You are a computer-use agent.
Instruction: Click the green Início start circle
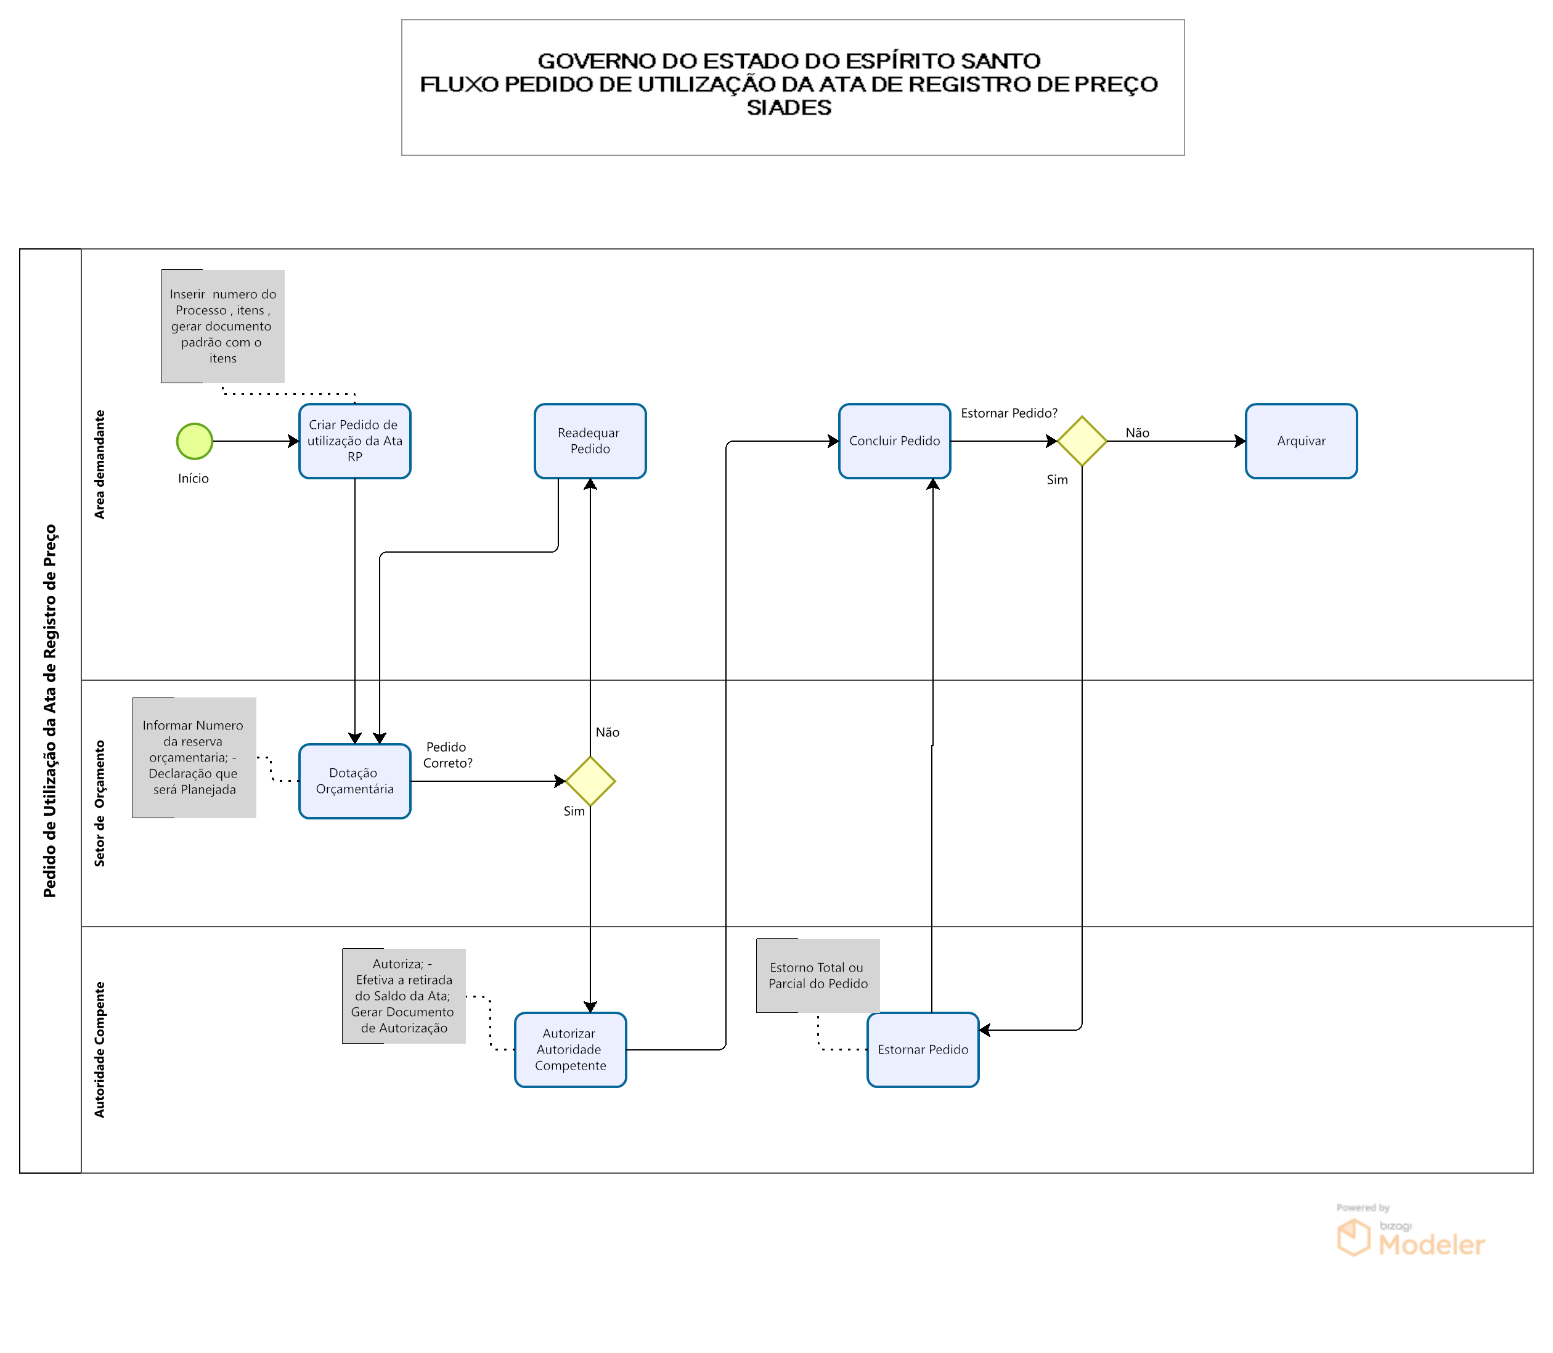[x=194, y=441]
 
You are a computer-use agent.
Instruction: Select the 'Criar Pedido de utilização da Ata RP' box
[x=354, y=441]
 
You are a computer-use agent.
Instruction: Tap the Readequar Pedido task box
[x=590, y=441]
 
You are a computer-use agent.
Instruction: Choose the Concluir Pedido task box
[x=894, y=441]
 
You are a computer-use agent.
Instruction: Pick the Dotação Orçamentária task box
[x=354, y=781]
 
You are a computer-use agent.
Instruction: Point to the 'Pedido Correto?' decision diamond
[x=590, y=781]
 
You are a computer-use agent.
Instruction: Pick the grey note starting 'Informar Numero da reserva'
[x=194, y=757]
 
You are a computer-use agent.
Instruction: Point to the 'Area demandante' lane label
[x=100, y=465]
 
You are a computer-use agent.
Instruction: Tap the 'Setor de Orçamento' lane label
[x=100, y=803]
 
